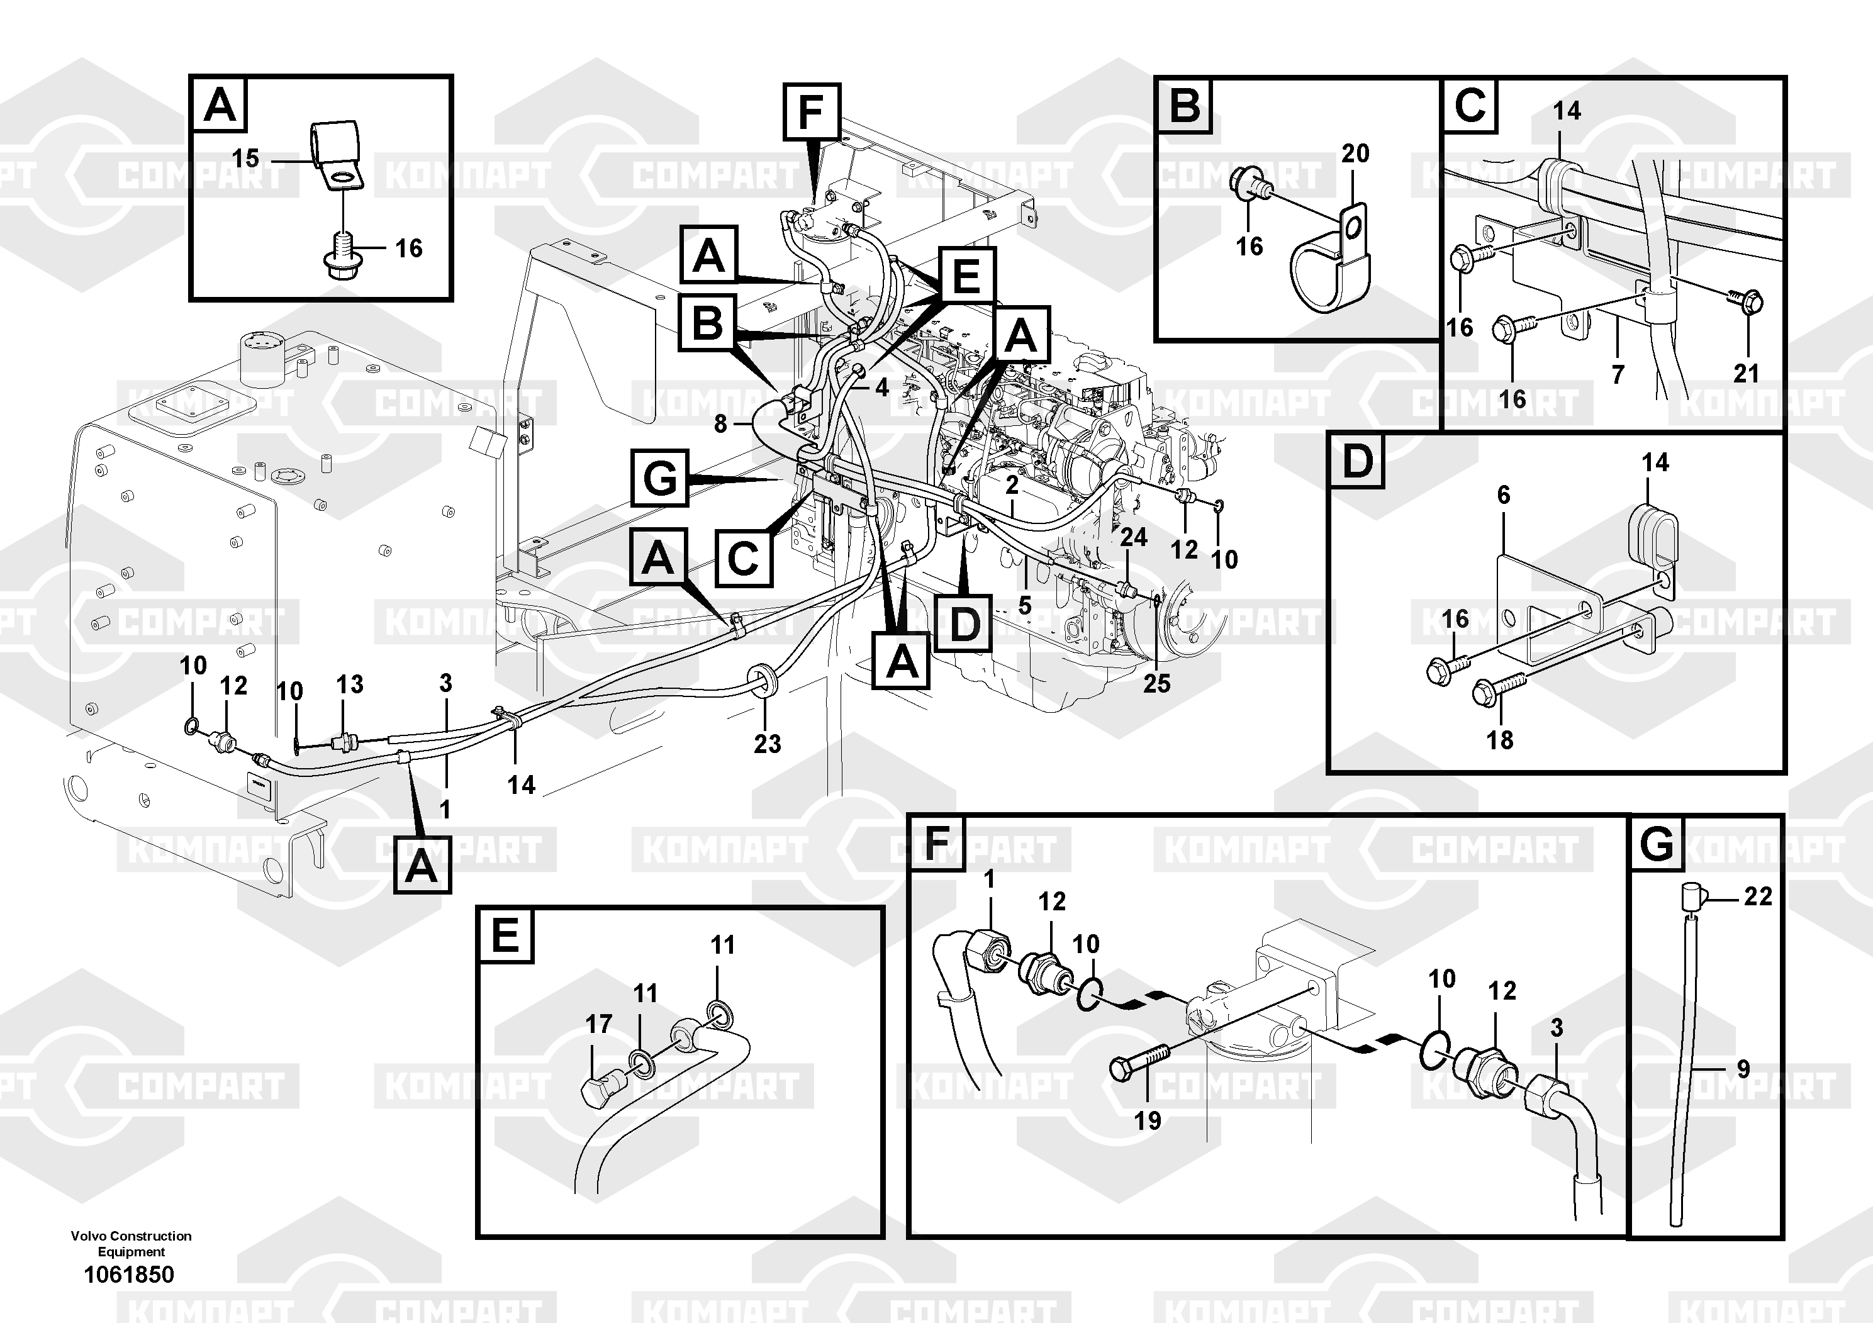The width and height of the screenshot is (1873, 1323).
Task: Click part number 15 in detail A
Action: pyautogui.click(x=245, y=159)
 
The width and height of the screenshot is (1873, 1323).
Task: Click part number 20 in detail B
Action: pyautogui.click(x=1355, y=154)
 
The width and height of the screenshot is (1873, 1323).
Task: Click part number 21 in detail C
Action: pyautogui.click(x=1746, y=374)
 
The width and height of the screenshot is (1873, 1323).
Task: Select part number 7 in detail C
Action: pyautogui.click(x=1618, y=374)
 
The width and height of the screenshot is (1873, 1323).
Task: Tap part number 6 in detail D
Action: pyautogui.click(x=1504, y=495)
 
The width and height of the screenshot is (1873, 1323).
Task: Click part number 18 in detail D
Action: pyautogui.click(x=1499, y=740)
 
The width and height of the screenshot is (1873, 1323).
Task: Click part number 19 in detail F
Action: pyautogui.click(x=1147, y=1120)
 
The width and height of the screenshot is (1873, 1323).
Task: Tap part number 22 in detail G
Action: pyautogui.click(x=1758, y=896)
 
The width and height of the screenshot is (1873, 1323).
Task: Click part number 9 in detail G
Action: pyautogui.click(x=1743, y=1068)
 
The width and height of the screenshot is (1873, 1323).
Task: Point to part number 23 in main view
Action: pyautogui.click(x=767, y=743)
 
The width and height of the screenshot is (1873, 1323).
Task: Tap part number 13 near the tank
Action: pyautogui.click(x=350, y=684)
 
